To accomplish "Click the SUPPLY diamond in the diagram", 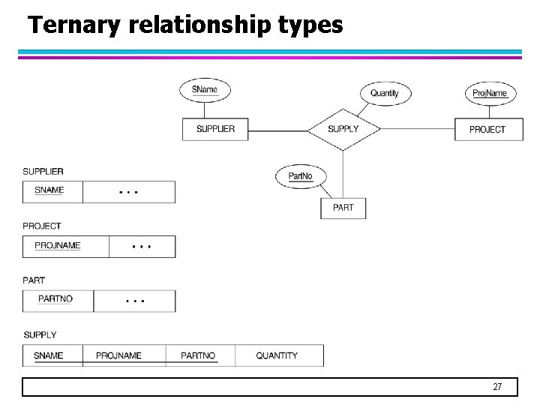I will (343, 129).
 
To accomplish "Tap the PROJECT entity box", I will (487, 129).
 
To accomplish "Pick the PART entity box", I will (343, 208).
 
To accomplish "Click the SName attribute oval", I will (205, 90).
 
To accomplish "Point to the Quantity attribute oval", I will (385, 93).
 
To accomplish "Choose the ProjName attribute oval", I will (490, 93).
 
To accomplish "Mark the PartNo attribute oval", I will (300, 176).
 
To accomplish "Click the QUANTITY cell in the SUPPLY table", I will (277, 355).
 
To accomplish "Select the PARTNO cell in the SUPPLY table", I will (198, 355).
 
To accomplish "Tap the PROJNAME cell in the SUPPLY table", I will (118, 355).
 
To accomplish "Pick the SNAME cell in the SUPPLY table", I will (49, 355).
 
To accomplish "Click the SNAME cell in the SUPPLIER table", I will (49, 190).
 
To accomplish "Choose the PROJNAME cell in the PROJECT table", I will (58, 246).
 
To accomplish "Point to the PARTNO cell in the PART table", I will (55, 299).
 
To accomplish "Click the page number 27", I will (496, 387).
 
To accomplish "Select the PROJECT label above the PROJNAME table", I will (42, 226).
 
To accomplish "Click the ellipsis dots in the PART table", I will (135, 301).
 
